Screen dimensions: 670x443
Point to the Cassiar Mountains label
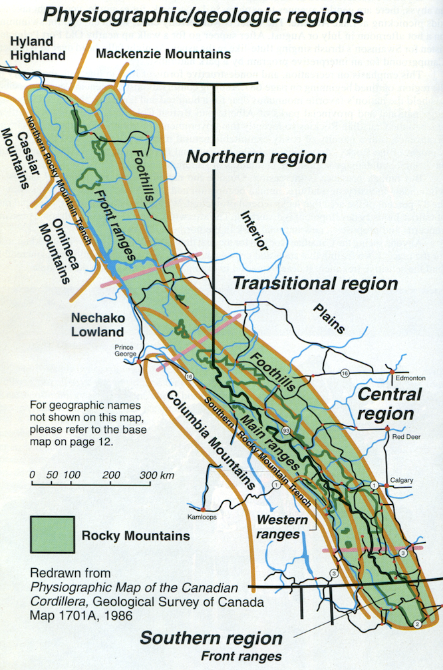pyautogui.click(x=18, y=149)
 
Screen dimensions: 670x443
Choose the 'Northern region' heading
pyautogui.click(x=255, y=157)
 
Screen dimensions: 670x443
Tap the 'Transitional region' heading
pyautogui.click(x=315, y=283)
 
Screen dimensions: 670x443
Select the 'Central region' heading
pyautogui.click(x=390, y=404)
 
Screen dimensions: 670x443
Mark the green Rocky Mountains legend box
pyautogui.click(x=51, y=534)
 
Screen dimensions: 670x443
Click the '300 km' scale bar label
pyautogui.click(x=157, y=476)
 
